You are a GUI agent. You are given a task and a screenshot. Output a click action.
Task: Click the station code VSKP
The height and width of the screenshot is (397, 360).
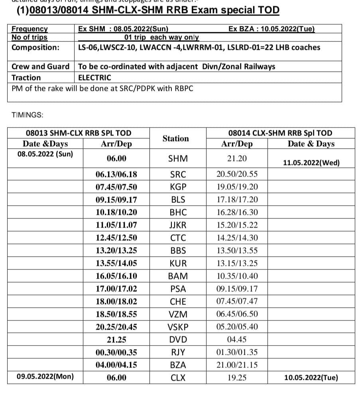(178, 327)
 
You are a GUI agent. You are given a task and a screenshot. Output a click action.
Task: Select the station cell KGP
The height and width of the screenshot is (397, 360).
(178, 187)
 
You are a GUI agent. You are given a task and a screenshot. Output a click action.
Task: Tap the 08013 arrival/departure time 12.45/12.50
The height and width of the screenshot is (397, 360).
(116, 238)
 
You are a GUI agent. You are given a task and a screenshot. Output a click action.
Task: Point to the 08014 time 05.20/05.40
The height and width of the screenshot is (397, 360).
(237, 327)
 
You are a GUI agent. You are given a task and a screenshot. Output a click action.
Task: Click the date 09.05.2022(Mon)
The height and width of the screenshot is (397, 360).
(45, 376)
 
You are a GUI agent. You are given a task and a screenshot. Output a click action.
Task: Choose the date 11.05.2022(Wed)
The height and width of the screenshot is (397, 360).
(311, 163)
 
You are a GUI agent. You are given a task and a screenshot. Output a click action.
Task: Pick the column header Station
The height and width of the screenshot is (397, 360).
(175, 139)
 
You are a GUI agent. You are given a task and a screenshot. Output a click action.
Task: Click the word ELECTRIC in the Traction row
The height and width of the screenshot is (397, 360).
(94, 78)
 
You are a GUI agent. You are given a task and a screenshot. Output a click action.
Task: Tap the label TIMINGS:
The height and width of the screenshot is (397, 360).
(28, 115)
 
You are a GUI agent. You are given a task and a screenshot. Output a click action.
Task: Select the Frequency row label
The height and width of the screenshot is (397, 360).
(30, 29)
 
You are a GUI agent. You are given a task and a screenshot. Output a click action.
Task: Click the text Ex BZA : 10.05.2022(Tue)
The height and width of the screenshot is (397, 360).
(271, 29)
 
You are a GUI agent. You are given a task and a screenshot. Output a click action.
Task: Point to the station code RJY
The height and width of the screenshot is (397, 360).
(178, 352)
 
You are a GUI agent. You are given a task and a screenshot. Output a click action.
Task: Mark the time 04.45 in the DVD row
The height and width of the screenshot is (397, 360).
(237, 340)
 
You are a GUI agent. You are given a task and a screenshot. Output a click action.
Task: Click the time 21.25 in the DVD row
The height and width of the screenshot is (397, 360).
(116, 340)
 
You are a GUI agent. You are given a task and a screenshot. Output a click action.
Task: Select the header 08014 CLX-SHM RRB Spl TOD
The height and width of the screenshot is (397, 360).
(280, 133)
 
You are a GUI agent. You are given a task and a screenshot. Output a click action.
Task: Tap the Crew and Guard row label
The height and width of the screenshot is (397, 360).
(40, 67)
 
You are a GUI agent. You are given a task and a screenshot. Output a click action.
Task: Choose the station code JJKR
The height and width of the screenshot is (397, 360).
(178, 225)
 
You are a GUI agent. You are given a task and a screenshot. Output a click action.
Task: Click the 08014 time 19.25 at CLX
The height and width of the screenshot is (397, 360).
(237, 378)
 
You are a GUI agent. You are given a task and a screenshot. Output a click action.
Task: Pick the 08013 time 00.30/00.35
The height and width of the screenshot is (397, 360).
(116, 352)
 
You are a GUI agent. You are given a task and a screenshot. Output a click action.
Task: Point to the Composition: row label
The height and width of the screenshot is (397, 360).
(35, 47)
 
